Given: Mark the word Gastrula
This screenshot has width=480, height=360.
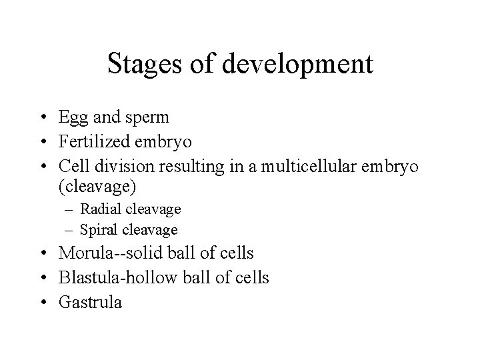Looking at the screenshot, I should [91, 301].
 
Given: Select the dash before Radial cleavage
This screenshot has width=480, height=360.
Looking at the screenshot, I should [69, 209].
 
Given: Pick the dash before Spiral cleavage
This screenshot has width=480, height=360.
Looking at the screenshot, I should [69, 230].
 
